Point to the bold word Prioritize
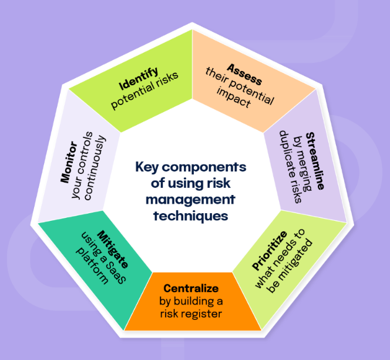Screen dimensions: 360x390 pyautogui.click(x=270, y=250)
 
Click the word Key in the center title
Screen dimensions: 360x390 pyautogui.click(x=146, y=166)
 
